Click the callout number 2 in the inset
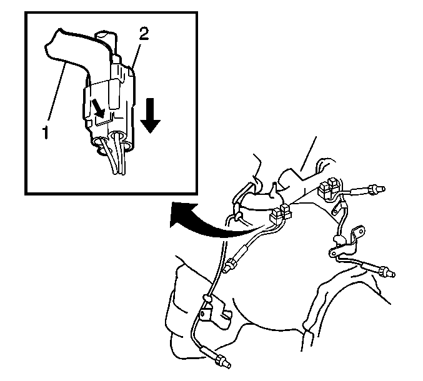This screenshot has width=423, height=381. [144, 34]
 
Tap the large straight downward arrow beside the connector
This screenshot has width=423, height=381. [150, 116]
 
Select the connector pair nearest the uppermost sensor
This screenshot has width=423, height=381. [329, 189]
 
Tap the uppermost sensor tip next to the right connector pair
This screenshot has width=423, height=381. [376, 190]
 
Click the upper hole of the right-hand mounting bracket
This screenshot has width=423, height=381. [360, 232]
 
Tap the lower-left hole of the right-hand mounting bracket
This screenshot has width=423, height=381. [334, 253]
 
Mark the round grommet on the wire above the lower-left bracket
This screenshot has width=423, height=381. [207, 298]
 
